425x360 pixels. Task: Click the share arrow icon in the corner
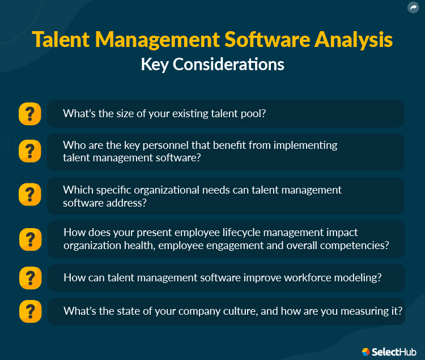coord(413,8)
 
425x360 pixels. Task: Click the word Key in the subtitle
coord(155,65)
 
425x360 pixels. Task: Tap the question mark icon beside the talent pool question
coord(30,114)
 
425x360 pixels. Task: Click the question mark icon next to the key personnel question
coord(30,152)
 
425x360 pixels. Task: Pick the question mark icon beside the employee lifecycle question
coord(30,239)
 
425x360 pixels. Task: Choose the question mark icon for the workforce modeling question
coord(30,278)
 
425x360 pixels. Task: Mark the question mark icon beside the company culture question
coord(30,311)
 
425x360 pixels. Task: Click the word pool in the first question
coord(254,114)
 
